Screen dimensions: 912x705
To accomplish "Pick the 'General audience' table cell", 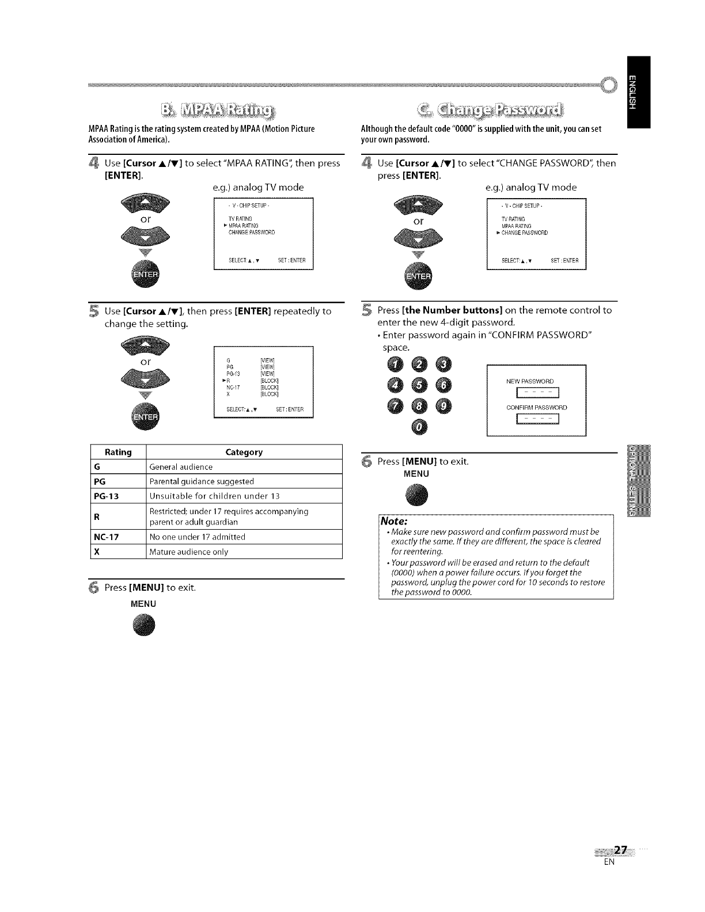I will (181, 467).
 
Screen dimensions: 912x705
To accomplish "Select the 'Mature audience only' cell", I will (189, 552).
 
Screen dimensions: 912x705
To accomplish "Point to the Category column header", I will (244, 452).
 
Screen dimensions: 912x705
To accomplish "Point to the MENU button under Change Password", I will (417, 496).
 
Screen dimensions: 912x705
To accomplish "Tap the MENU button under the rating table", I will (143, 625).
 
